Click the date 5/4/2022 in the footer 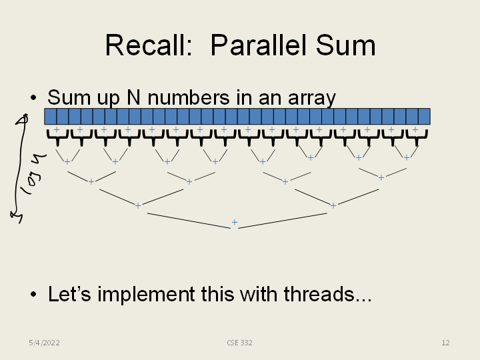pyautogui.click(x=44, y=343)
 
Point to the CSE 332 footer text pyautogui.click(x=239, y=343)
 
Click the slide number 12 pyautogui.click(x=445, y=343)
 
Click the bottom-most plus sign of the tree pyautogui.click(x=234, y=222)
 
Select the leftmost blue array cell pyautogui.click(x=50, y=117)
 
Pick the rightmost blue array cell pyautogui.click(x=424, y=117)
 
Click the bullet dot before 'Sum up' pyautogui.click(x=33, y=99)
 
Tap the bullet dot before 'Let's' pyautogui.click(x=33, y=295)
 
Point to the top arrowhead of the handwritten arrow pyautogui.click(x=24, y=119)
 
